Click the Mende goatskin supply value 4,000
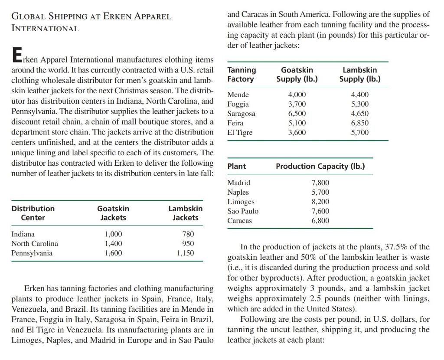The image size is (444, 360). coord(297,95)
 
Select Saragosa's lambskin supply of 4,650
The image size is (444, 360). coord(359,114)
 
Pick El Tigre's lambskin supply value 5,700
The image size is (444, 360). coord(359,133)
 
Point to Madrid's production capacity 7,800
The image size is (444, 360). coord(320,183)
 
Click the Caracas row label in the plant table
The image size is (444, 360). coord(239,221)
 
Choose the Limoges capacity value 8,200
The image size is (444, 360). coord(320,202)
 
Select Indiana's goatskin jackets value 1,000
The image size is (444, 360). coord(113,234)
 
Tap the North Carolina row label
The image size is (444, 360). coord(34,244)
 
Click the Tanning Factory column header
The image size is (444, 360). coord(242,75)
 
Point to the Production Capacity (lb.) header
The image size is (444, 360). coord(320,166)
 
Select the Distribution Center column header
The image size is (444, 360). coord(33,213)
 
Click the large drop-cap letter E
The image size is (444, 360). coord(16,56)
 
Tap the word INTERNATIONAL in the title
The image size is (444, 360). coord(45,29)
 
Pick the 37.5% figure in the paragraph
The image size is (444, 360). coord(395,247)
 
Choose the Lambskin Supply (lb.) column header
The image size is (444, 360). coord(359,75)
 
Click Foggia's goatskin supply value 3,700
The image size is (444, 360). coord(297,104)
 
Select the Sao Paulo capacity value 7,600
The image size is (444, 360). coord(320,211)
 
